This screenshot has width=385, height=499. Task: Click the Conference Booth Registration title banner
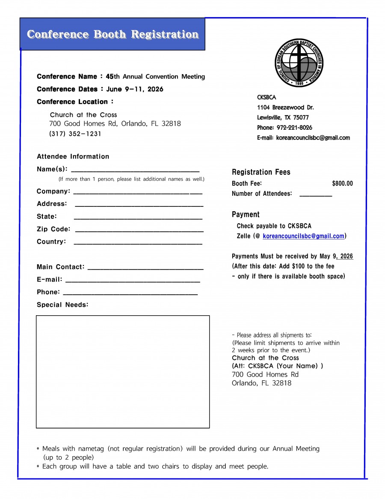[x=113, y=34]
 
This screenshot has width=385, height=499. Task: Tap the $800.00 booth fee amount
[x=342, y=184]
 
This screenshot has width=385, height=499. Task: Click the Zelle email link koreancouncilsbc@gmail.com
[x=303, y=236]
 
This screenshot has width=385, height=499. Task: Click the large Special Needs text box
[x=123, y=371]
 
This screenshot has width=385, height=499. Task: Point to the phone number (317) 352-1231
[x=75, y=134]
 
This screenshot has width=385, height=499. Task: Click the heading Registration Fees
[x=261, y=172]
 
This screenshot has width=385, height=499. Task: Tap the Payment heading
[x=246, y=215]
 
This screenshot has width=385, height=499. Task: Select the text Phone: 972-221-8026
[x=284, y=128]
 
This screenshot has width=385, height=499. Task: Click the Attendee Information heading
[x=73, y=157]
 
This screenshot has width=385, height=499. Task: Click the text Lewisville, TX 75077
[x=283, y=117]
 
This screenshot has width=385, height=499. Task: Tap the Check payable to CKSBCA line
[x=274, y=226]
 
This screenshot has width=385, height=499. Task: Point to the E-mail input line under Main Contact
[x=132, y=281]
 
